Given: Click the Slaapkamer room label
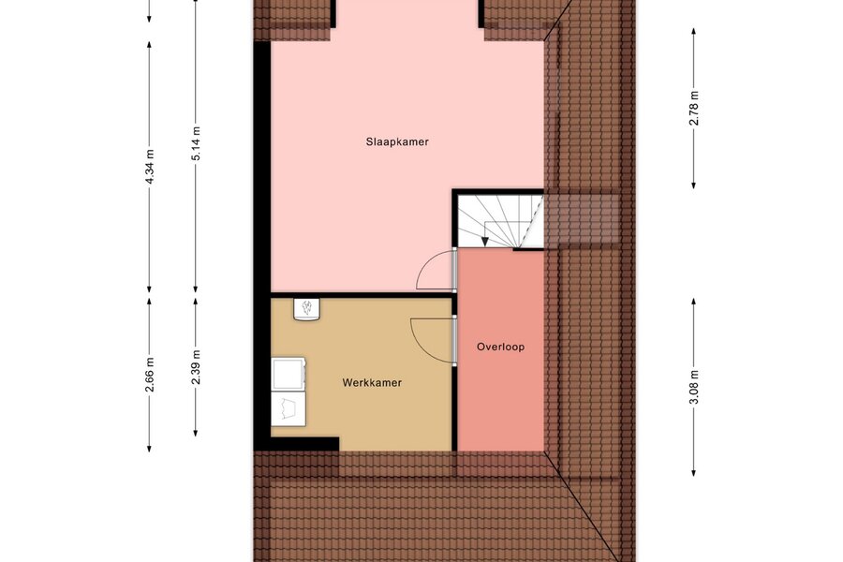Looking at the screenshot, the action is pos(397,142).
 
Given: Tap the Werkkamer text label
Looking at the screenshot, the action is pos(372,383).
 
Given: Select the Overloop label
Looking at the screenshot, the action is pos(500,347).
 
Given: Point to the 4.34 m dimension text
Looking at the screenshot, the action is pos(150,167).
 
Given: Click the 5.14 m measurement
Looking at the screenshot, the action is pos(196,143).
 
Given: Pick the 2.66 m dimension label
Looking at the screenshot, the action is pos(150,375).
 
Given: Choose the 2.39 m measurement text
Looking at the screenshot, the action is pos(196,367).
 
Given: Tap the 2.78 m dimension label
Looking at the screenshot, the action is pos(694,108).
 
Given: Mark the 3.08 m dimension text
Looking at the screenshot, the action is pos(694,387).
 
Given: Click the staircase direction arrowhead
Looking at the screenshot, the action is pos(485,242).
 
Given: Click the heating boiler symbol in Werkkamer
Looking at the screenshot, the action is pos(306,310).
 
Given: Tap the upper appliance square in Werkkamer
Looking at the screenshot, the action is pos(288,374).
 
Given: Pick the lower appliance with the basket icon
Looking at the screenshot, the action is pos(288,408).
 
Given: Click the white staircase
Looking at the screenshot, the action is pos(500,221).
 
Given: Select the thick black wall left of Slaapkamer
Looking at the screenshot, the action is pos(262,244).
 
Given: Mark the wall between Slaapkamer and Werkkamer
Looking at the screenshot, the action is pos(362,295).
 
